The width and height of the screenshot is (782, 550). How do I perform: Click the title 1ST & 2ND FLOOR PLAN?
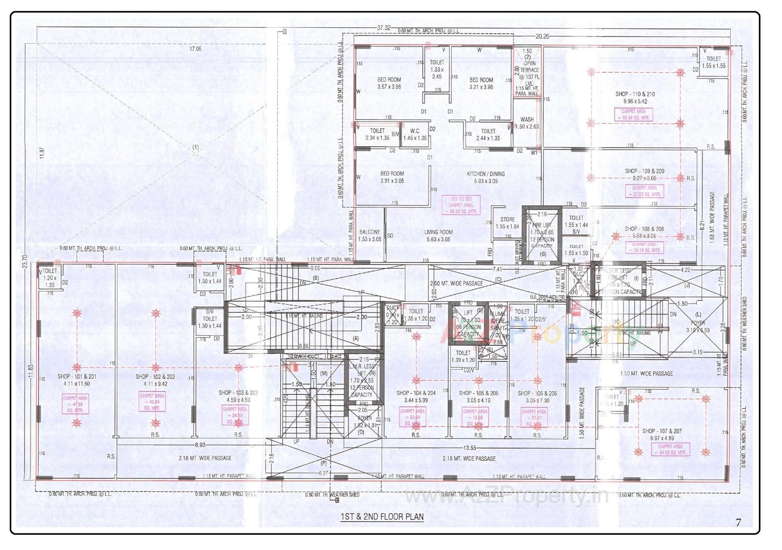click(x=382, y=517)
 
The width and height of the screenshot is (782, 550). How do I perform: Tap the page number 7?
click(x=738, y=522)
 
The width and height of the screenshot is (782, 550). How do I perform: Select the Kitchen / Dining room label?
click(x=485, y=177)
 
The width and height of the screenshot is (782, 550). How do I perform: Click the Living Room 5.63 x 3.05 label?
click(x=438, y=235)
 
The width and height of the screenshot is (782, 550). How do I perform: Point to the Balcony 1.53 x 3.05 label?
click(x=369, y=235)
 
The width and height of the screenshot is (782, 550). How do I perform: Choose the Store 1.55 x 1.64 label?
click(x=507, y=223)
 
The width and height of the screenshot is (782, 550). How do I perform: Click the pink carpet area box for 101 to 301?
click(x=461, y=205)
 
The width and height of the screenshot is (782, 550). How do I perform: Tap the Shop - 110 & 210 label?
click(x=635, y=97)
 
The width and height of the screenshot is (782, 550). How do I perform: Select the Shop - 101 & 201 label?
click(x=77, y=380)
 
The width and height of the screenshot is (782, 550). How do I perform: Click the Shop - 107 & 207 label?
click(x=662, y=434)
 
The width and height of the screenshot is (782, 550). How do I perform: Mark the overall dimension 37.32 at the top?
click(x=383, y=28)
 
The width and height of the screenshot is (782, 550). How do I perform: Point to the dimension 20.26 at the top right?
click(x=542, y=36)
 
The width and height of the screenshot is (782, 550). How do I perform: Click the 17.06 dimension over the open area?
click(x=195, y=48)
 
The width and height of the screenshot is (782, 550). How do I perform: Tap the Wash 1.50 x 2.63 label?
click(x=527, y=123)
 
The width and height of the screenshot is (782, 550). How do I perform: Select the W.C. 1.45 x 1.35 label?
click(x=415, y=134)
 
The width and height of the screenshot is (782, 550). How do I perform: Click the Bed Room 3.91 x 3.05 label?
click(x=392, y=177)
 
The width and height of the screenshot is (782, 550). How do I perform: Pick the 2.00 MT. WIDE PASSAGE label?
click(x=456, y=283)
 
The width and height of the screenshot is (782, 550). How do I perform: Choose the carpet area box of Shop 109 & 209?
click(x=644, y=191)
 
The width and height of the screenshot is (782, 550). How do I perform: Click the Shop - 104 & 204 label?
click(x=415, y=396)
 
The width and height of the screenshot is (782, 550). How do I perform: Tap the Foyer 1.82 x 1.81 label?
click(x=365, y=422)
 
